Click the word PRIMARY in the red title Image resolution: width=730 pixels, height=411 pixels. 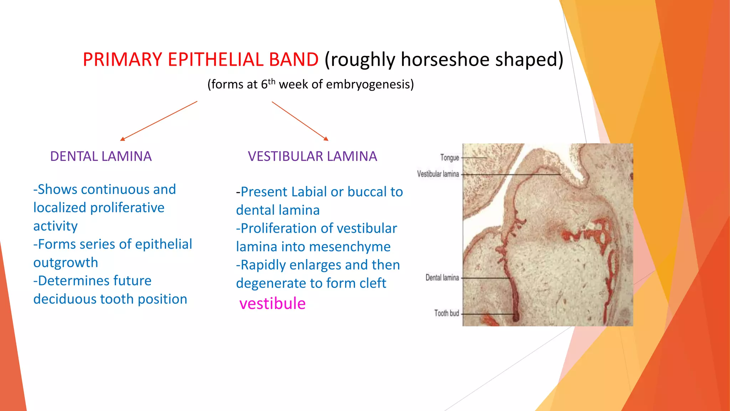tap(122, 59)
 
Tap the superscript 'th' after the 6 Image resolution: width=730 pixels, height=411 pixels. tap(272, 82)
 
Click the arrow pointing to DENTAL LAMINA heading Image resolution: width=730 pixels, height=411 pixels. tap(158, 121)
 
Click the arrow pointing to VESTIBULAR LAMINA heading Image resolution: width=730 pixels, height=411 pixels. tap(300, 121)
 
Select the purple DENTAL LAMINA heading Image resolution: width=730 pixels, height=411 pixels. tap(101, 156)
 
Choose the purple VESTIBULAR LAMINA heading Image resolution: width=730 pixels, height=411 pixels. tap(312, 156)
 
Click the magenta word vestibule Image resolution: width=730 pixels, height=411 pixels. tap(272, 304)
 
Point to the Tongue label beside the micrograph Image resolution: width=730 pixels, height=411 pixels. tap(449, 158)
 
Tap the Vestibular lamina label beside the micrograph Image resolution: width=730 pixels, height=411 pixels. tap(438, 174)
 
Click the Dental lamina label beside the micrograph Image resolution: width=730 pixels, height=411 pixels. tap(442, 278)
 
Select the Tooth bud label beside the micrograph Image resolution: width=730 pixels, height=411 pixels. tap(446, 313)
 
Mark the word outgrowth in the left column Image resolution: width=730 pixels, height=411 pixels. tap(66, 263)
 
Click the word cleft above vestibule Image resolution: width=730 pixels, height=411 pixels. tap(373, 283)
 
